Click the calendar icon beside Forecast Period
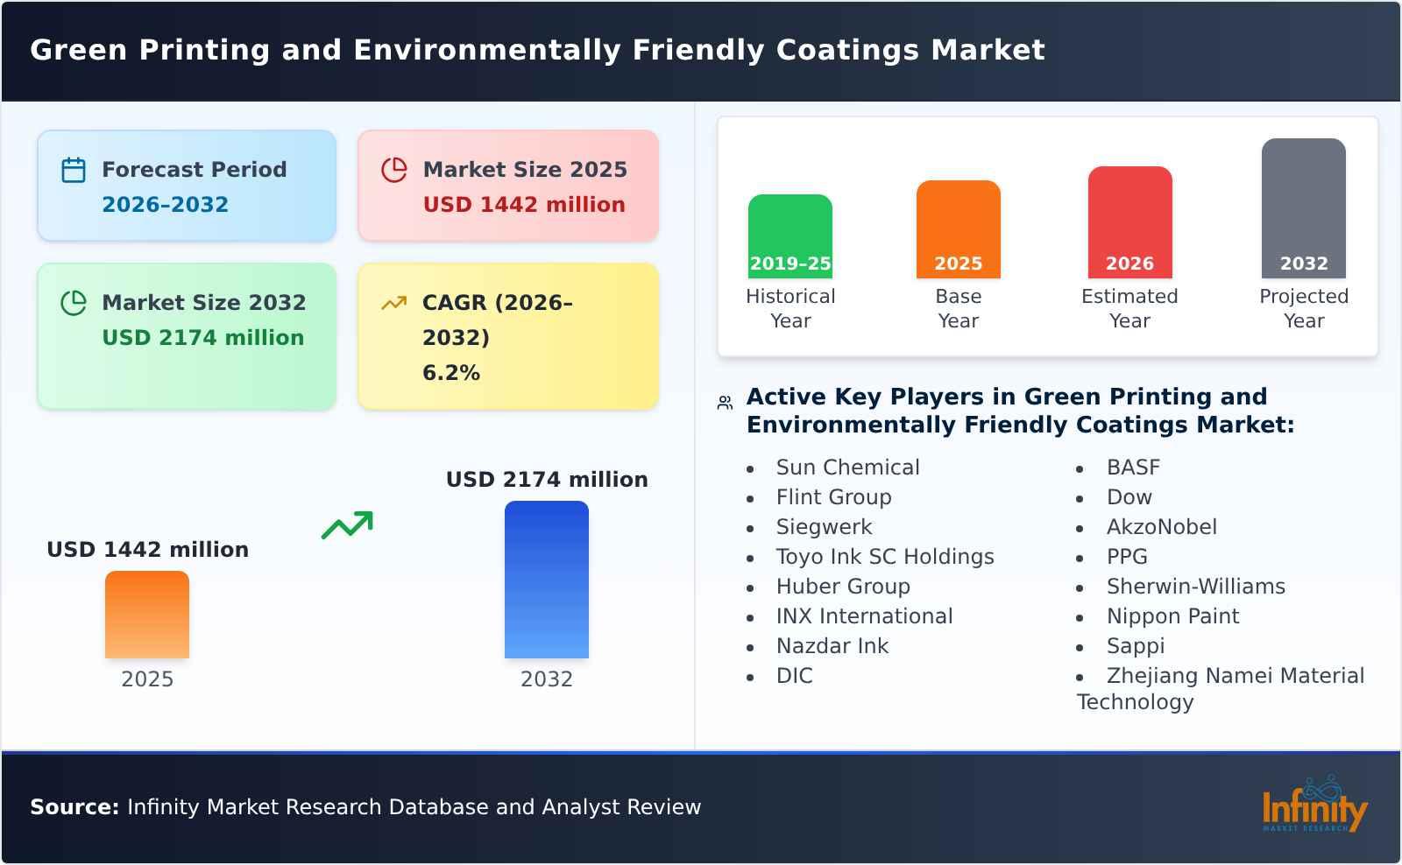[74, 170]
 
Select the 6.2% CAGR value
[450, 373]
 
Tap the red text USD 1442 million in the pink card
[524, 205]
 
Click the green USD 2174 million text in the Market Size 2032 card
[202, 338]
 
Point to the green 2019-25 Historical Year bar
[790, 236]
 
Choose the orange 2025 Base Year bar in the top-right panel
[958, 229]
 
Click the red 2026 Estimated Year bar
[1129, 222]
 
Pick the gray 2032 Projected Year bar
[1303, 208]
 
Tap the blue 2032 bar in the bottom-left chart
[546, 580]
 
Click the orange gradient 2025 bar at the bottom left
[147, 615]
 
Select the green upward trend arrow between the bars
[347, 525]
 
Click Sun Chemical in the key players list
[847, 468]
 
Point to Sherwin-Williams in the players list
[1195, 587]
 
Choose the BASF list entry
[1133, 468]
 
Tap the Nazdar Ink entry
[832, 646]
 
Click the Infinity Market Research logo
[1313, 805]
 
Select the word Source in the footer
[74, 807]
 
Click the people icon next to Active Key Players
[725, 403]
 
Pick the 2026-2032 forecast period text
[165, 205]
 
